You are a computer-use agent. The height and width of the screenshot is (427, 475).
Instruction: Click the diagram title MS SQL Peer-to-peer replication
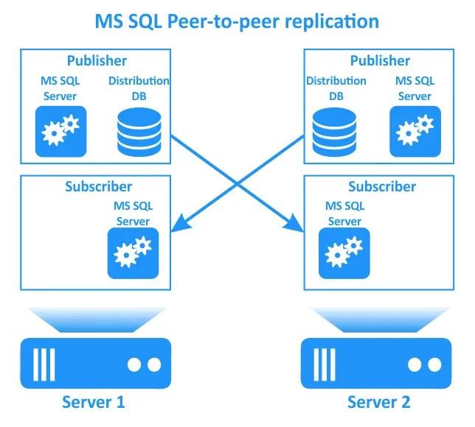[237, 21]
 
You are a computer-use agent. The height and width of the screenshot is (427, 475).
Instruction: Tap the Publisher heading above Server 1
[97, 60]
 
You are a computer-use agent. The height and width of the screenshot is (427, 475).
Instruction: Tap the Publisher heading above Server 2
[380, 60]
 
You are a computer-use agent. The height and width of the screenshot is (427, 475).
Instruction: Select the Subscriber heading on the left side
[98, 186]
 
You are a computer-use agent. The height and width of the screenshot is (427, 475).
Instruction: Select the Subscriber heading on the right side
[381, 186]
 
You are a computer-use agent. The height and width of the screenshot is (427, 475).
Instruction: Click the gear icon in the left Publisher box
[60, 131]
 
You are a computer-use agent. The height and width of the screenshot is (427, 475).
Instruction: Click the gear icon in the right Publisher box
[415, 131]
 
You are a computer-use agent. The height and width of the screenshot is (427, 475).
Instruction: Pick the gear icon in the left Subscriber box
[133, 253]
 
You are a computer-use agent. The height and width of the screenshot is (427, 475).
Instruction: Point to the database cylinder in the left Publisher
[138, 130]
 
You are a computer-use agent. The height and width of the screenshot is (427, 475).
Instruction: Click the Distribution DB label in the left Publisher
[139, 88]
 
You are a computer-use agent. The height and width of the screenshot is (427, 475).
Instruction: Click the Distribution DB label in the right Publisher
[336, 88]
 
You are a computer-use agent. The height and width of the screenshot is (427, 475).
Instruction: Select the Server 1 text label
[93, 402]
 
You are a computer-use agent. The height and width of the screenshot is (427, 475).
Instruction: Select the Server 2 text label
[378, 402]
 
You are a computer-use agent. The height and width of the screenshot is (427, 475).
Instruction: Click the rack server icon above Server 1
[93, 363]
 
